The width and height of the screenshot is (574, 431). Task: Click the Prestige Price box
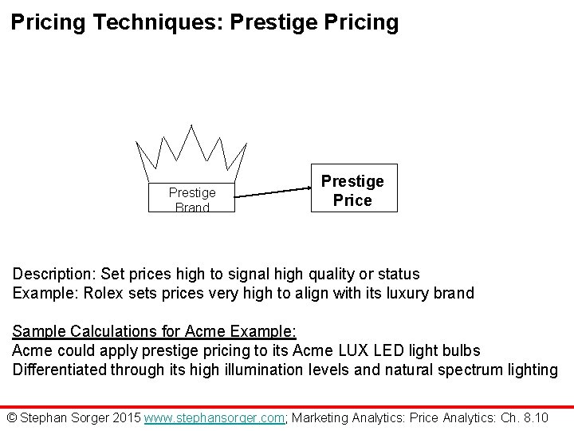coord(352,191)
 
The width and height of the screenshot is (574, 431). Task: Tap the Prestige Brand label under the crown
coord(192,200)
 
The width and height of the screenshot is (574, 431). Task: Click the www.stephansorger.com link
coord(214,417)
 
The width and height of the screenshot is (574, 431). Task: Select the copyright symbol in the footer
coord(11,417)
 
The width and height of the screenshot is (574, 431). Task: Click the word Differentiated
coord(61,370)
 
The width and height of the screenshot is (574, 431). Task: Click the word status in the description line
coord(399,274)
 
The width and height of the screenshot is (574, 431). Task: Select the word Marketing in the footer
coord(328,417)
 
